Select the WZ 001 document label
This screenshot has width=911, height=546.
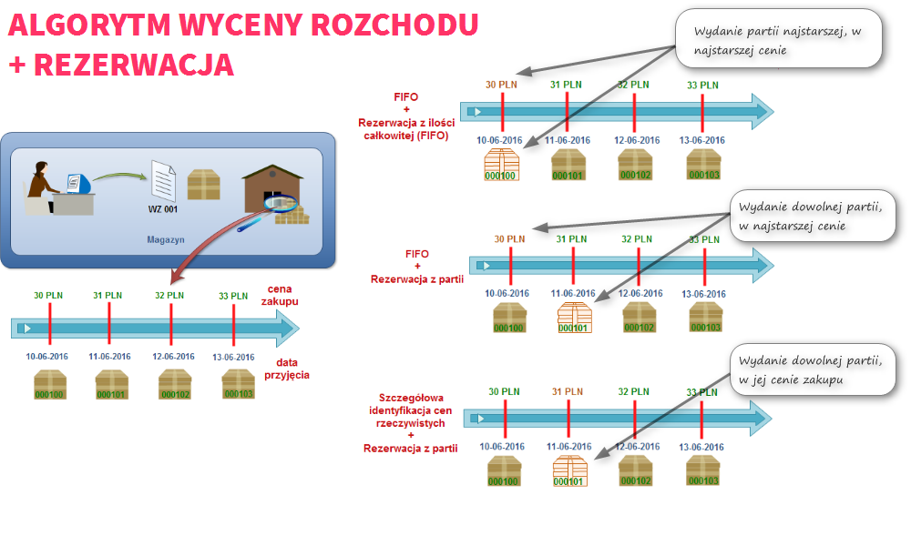click(162, 209)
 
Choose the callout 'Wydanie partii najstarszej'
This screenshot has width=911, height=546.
click(778, 40)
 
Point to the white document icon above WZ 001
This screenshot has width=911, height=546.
click(162, 181)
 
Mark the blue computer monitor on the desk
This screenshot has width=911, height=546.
click(78, 182)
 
